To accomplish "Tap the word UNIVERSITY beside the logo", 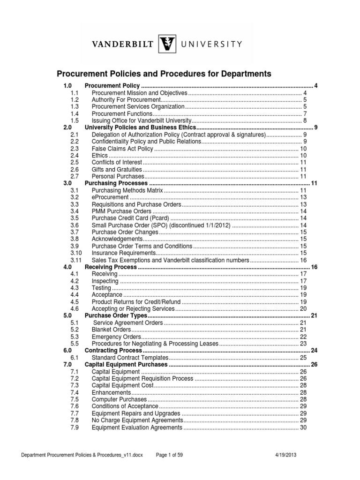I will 211,45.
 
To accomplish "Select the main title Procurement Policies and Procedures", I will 164,74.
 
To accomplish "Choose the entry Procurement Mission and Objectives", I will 139,93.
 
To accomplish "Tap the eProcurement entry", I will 107,197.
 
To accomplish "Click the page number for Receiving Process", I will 314,267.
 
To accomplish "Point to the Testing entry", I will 101,288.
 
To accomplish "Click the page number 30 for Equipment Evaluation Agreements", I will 303,427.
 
